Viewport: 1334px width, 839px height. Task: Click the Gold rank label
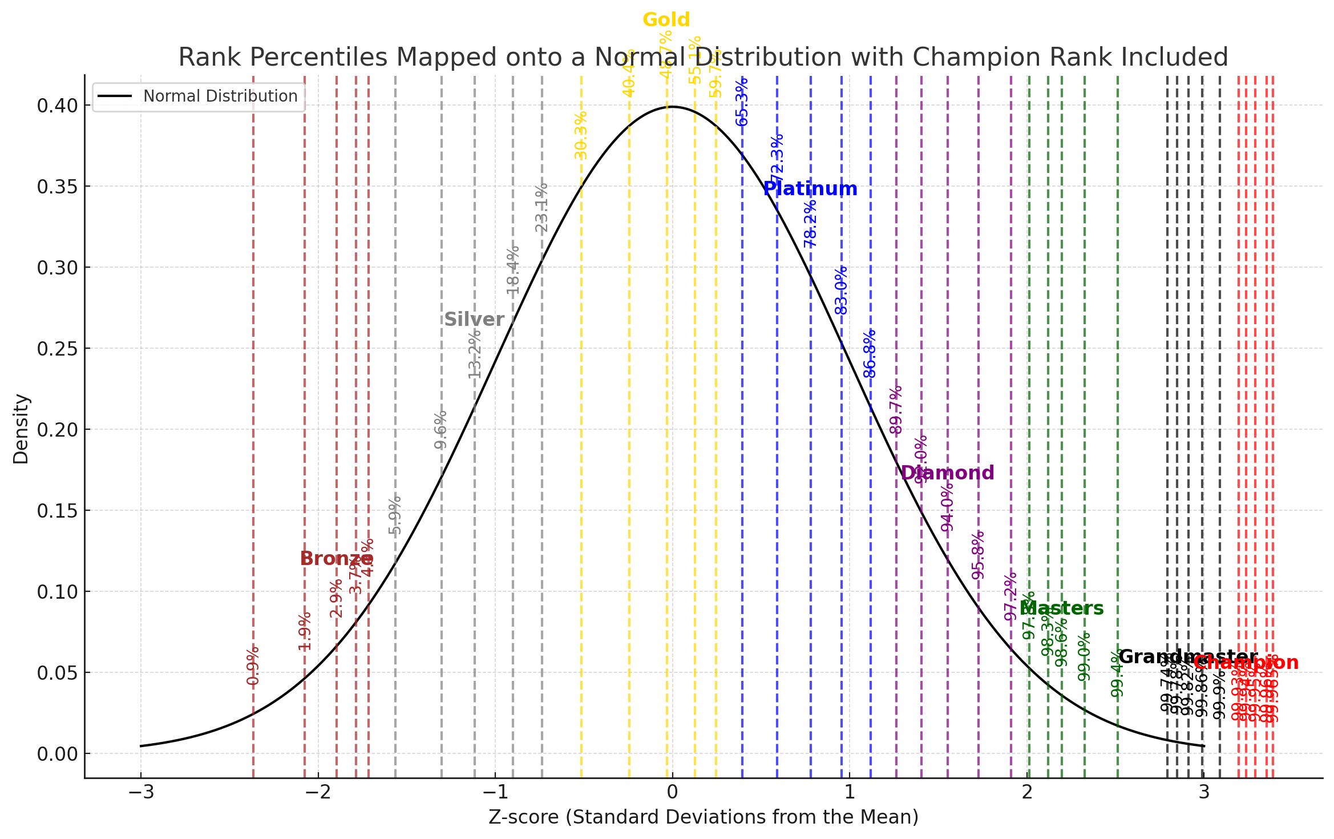[666, 20]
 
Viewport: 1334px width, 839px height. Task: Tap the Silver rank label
[474, 320]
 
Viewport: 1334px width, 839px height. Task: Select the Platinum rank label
[810, 189]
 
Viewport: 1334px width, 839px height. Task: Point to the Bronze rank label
[337, 559]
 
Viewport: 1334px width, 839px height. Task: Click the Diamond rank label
[947, 473]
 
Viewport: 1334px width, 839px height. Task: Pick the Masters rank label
[1062, 608]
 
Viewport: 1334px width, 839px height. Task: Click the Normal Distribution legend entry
[220, 96]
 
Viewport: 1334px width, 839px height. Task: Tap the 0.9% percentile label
[253, 665]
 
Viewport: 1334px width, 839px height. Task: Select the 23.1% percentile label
[541, 208]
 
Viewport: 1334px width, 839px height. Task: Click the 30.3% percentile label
[581, 136]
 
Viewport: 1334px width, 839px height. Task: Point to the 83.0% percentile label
[842, 291]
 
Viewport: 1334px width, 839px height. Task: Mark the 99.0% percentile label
[1084, 656]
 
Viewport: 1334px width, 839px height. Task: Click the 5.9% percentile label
[395, 515]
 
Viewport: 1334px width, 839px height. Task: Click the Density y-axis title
[21, 429]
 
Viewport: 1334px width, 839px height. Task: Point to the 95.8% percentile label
[979, 555]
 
